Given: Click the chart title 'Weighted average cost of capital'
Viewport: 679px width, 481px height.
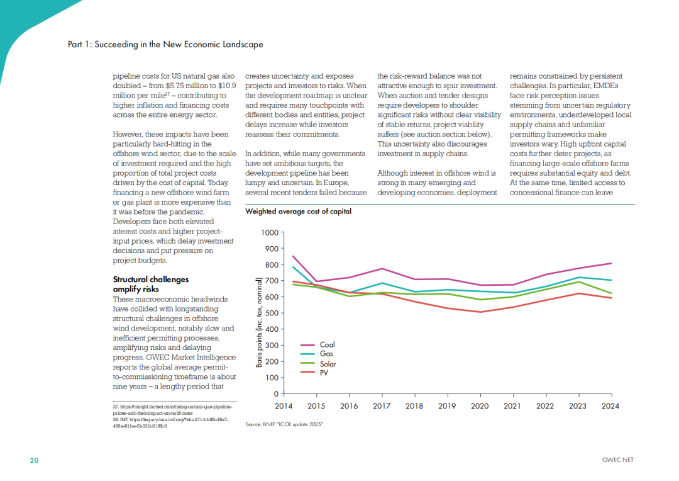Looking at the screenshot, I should (x=298, y=212).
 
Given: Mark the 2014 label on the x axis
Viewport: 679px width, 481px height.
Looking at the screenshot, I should (x=284, y=406).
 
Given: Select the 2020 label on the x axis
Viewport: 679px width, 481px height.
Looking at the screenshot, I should (x=480, y=406).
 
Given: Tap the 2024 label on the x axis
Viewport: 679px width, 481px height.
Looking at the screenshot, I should (x=610, y=406).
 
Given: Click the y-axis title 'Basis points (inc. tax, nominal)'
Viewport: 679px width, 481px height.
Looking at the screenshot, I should (x=259, y=322).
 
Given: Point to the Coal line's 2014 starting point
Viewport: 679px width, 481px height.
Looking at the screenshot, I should (x=294, y=256).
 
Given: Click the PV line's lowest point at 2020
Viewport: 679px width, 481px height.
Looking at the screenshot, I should (x=480, y=312).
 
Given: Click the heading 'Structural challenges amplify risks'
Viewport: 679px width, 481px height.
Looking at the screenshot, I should (x=150, y=284).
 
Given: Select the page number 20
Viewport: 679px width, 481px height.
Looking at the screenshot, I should (x=35, y=460).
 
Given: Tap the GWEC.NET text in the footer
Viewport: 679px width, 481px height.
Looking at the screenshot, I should (x=617, y=460).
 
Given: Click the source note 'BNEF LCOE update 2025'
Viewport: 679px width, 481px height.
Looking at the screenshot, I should (x=285, y=426).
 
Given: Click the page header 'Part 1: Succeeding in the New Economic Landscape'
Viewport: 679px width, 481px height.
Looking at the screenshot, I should (x=165, y=45).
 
